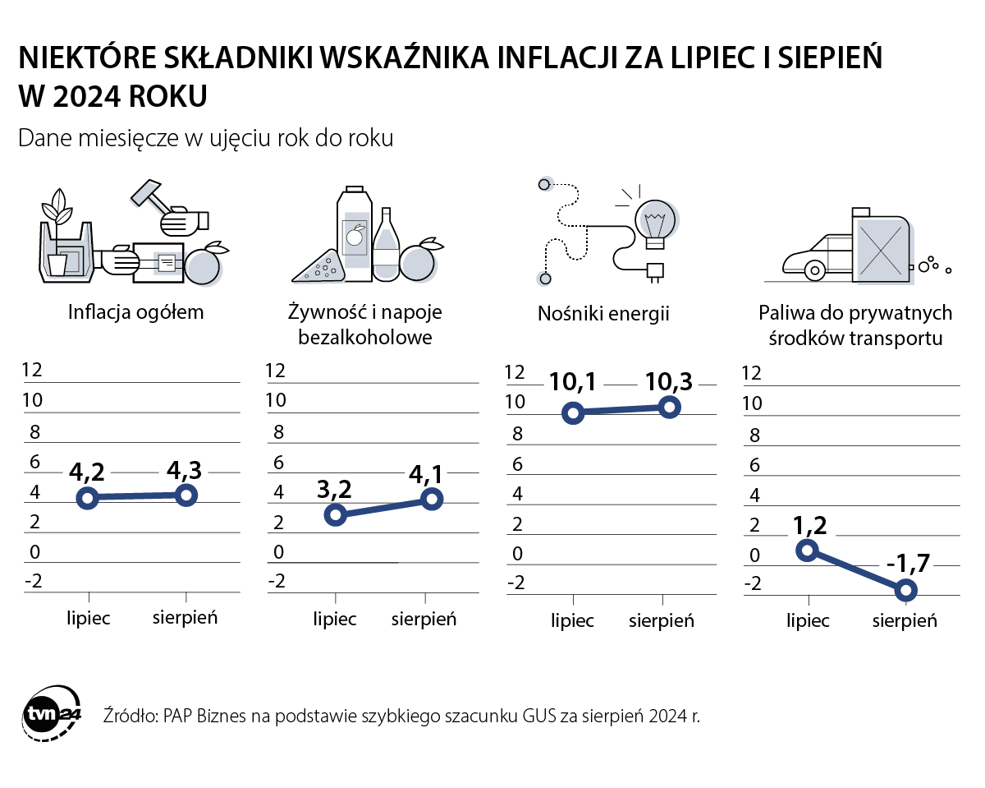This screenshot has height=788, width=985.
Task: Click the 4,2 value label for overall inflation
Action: pos(86,472)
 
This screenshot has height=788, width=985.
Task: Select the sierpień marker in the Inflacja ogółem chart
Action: pos(186,495)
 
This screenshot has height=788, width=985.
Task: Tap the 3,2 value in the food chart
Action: pos(333,490)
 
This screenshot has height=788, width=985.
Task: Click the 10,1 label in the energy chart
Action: pos(573,382)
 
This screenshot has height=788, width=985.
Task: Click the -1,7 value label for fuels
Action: pos(906,565)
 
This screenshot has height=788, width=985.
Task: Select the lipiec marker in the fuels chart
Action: pos(809,551)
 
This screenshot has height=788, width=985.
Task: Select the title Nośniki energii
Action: pos(603,313)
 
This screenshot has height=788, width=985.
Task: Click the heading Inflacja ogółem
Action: pos(135,312)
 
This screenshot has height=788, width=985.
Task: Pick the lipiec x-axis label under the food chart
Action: pos(334,618)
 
